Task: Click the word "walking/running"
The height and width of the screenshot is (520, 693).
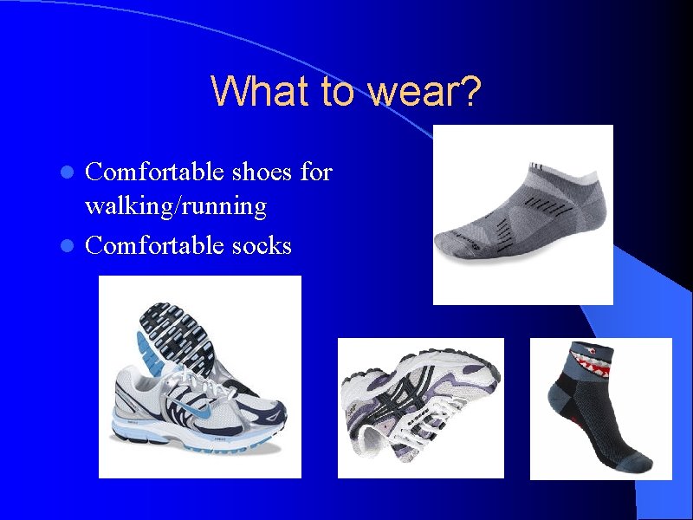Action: click(x=175, y=206)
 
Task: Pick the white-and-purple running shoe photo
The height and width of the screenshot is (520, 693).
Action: click(x=419, y=407)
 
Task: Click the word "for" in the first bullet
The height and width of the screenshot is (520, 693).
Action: click(x=315, y=172)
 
